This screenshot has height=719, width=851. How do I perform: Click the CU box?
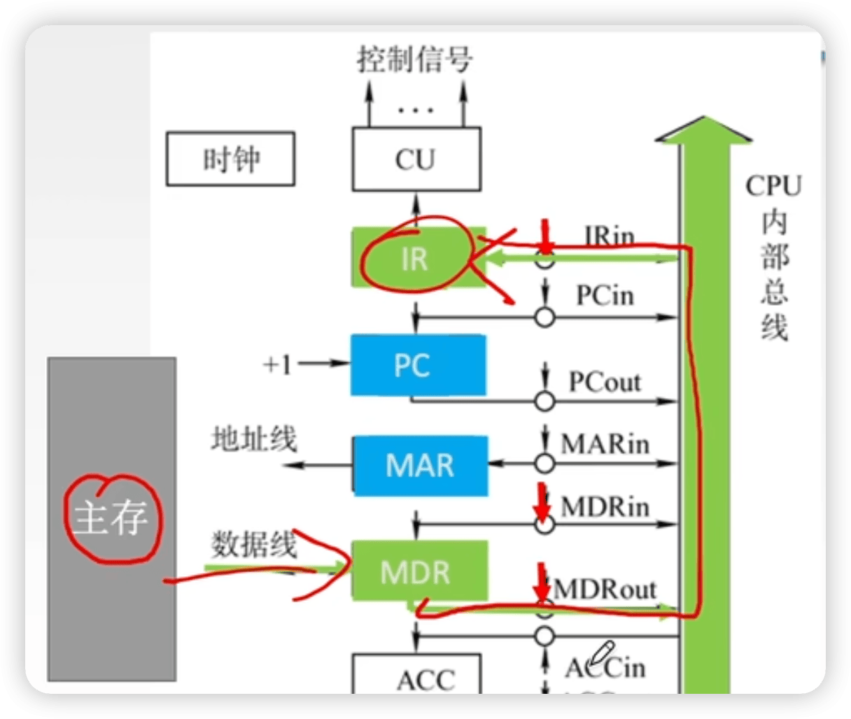(416, 159)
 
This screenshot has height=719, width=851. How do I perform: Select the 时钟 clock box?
(230, 160)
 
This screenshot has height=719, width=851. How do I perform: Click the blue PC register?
(418, 365)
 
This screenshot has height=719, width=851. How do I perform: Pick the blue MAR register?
(420, 466)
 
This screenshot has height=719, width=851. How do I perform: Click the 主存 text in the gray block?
(112, 518)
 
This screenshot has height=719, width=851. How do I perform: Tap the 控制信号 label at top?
(414, 60)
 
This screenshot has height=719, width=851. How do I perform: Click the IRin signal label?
(609, 236)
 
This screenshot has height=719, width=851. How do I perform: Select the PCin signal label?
(605, 295)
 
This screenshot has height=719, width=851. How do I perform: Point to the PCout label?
(605, 383)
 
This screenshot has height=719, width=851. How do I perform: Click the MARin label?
(605, 443)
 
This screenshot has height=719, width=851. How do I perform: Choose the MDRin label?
(605, 506)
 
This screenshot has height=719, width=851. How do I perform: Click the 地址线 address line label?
(254, 439)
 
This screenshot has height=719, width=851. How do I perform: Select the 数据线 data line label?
(254, 543)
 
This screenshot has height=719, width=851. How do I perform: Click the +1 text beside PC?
(277, 364)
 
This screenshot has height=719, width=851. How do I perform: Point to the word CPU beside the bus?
(773, 186)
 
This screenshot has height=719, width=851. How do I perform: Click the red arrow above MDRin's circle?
(541, 501)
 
